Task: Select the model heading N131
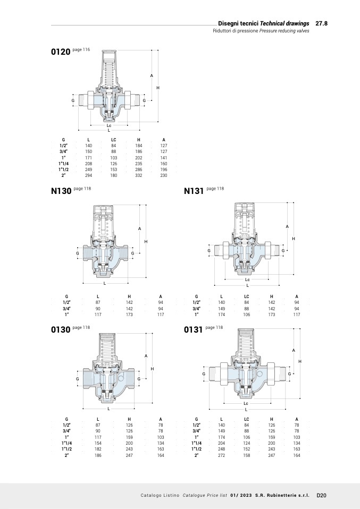[x=194, y=191]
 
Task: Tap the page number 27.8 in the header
[x=321, y=24]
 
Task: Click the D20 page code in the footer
[x=321, y=495]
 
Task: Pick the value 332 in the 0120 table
[x=139, y=175]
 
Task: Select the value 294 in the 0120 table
[x=89, y=175]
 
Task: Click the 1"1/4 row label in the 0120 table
[x=63, y=164]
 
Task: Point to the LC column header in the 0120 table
[x=113, y=140]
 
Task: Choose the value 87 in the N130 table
[x=98, y=302]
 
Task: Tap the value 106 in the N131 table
[x=247, y=315]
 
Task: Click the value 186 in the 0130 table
[x=98, y=455]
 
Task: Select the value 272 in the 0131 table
[x=222, y=455]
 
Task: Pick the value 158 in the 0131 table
[x=247, y=455]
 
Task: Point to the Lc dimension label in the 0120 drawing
[x=108, y=126]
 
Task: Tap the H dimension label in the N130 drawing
[x=146, y=242]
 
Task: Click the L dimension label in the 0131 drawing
[x=246, y=410]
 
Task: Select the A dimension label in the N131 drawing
[x=287, y=227]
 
